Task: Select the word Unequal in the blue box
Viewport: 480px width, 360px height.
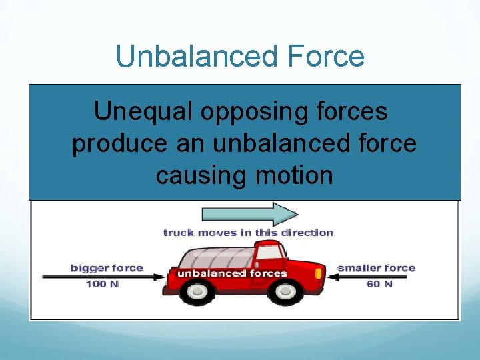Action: click(x=139, y=112)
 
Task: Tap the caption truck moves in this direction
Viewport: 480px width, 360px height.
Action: click(x=248, y=233)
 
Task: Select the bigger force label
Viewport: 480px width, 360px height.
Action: click(x=107, y=268)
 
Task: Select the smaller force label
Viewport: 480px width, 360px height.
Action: click(x=376, y=268)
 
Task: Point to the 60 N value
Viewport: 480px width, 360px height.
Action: click(x=379, y=284)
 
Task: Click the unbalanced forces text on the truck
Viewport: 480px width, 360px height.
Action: click(x=231, y=273)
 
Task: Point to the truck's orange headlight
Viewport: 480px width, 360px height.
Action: click(x=318, y=274)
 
